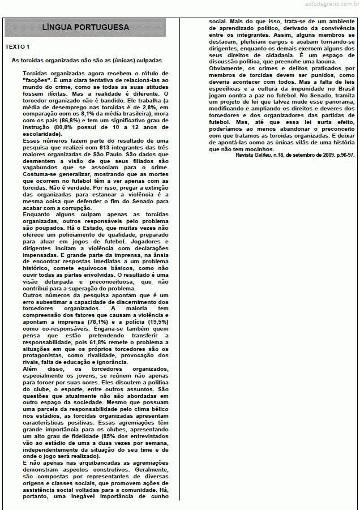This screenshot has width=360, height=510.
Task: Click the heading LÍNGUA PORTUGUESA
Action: (85, 28)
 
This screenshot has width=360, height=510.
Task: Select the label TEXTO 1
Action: (18, 47)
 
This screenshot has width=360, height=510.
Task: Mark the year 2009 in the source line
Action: (323, 155)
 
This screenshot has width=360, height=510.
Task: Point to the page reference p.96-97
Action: (342, 155)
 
